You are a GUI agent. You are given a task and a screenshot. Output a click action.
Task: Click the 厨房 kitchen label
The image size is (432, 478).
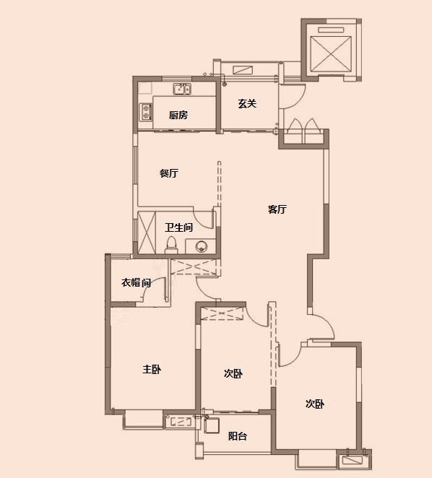pos(178,115)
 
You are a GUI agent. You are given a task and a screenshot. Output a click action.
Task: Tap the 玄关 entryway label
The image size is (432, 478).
pos(247,104)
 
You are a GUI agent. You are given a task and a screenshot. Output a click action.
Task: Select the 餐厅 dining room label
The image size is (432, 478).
pos(169,173)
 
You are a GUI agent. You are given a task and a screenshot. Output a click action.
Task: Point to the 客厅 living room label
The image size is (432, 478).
pos(277,209)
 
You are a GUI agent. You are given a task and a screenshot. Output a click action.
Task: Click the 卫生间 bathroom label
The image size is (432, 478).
pos(178,227)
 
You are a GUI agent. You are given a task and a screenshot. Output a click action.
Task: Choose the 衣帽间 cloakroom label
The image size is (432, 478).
pos(136,282)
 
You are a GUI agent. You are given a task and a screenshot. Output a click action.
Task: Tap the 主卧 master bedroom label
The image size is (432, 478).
pos(152,370)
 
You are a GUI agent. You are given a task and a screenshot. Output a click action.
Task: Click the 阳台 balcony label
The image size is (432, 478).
pos(238,436)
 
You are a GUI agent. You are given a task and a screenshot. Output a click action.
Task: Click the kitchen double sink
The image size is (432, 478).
pos(182,89)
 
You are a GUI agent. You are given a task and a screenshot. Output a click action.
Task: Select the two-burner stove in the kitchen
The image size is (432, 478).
pos(146,112)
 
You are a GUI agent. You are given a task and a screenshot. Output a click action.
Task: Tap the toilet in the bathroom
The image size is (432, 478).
pos(171,245)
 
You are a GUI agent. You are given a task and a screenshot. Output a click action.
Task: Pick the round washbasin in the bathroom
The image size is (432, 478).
pos(201,245)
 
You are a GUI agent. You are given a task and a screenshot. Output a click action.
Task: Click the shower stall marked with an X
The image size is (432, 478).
pos(147,233)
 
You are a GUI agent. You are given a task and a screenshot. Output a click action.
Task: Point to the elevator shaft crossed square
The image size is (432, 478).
pos(330,54)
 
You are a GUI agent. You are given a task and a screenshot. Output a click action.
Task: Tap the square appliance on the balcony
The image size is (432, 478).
pos(212,425)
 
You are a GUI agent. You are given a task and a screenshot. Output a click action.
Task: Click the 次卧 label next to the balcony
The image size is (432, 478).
pos(233,373)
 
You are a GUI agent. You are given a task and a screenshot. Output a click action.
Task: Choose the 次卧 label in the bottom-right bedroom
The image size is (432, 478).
pos(315,404)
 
